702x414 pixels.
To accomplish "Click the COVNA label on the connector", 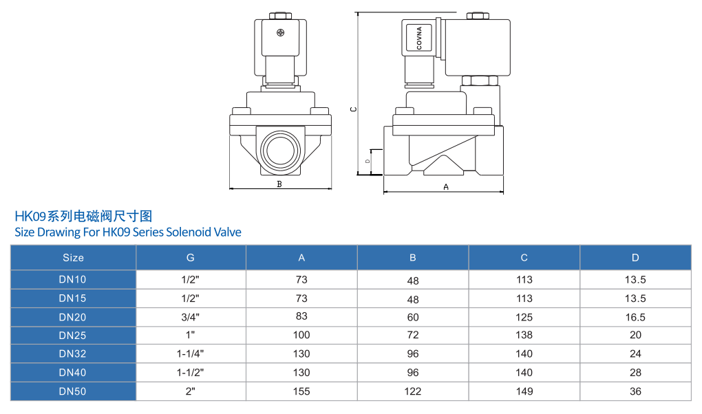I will (x=419, y=39).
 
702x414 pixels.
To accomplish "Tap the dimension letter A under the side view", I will (x=445, y=186).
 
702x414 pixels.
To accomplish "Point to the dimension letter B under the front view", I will (x=279, y=184).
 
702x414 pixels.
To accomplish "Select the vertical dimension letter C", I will (x=353, y=109).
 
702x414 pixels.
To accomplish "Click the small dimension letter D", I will (x=368, y=161).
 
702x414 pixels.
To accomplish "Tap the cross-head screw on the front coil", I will (x=280, y=33).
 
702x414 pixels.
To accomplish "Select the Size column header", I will (x=73, y=258).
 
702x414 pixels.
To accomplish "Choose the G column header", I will (x=191, y=258).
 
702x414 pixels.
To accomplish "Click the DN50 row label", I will (x=73, y=391).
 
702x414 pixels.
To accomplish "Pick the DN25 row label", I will (x=73, y=336).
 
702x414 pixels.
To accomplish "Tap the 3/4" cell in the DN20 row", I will (x=191, y=317).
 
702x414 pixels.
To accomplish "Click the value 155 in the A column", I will (x=301, y=391).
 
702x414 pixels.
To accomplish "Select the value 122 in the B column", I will (x=413, y=391).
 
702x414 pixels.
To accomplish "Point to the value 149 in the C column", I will (x=524, y=391).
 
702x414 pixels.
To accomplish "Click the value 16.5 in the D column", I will (x=635, y=317).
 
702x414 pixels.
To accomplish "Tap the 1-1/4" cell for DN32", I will (x=191, y=354).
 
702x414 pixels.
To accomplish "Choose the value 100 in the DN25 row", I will (x=301, y=336).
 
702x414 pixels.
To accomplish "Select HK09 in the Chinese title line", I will (x=30, y=216).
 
